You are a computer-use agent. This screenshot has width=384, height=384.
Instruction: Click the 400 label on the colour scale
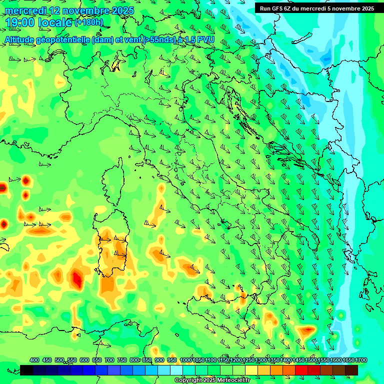pos(34,360)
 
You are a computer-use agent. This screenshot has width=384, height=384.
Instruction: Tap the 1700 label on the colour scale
pos(348,360)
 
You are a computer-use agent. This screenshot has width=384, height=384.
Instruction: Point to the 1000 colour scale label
pos(186,360)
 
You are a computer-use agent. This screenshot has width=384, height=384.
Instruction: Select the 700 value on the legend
pos(109,360)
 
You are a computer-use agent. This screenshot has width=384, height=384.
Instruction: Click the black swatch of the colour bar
pos(26,370)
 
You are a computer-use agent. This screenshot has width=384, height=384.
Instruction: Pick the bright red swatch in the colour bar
pos(301,370)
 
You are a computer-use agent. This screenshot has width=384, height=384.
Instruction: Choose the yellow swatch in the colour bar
pos(251,370)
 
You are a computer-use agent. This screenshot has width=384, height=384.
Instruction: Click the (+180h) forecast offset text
pos(89,22)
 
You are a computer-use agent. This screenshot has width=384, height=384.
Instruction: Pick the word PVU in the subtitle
pos(205,39)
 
